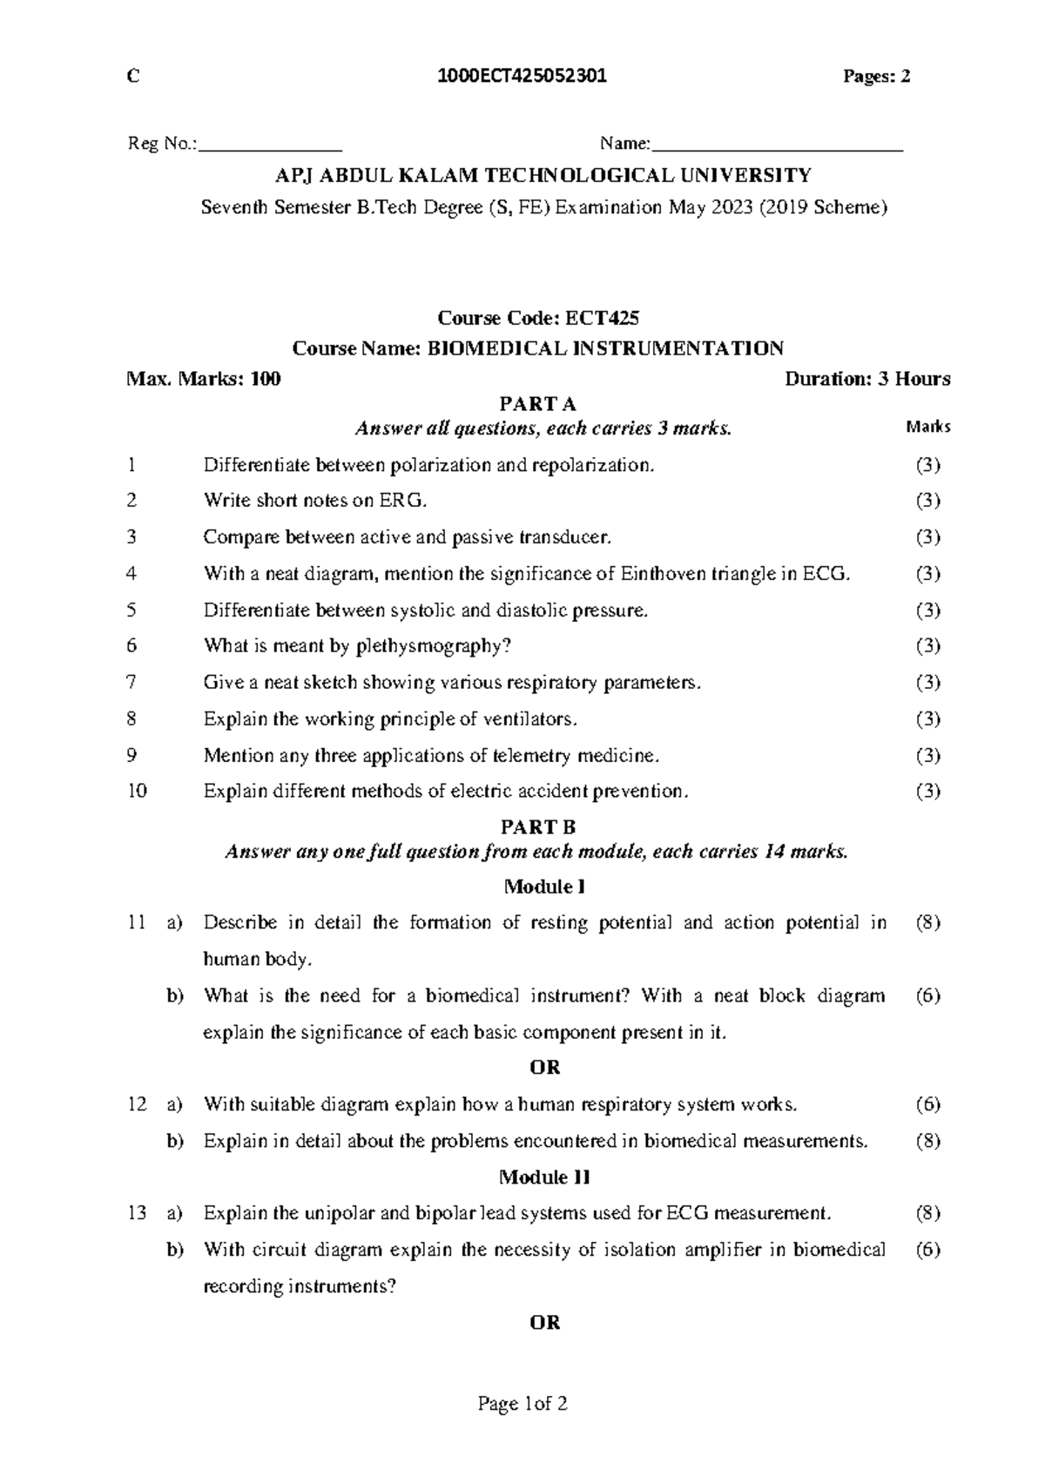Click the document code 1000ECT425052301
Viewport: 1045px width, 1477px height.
pyautogui.click(x=524, y=77)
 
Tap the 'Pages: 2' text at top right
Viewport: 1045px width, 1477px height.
pyautogui.click(x=877, y=77)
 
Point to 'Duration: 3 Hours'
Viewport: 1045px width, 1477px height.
pyautogui.click(x=867, y=379)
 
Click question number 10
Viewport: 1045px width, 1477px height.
pyautogui.click(x=137, y=792)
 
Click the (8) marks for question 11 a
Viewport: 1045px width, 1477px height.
pyautogui.click(x=928, y=923)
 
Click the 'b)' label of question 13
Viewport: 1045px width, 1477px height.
pyautogui.click(x=175, y=1251)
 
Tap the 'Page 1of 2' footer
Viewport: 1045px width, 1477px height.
pyautogui.click(x=522, y=1404)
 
